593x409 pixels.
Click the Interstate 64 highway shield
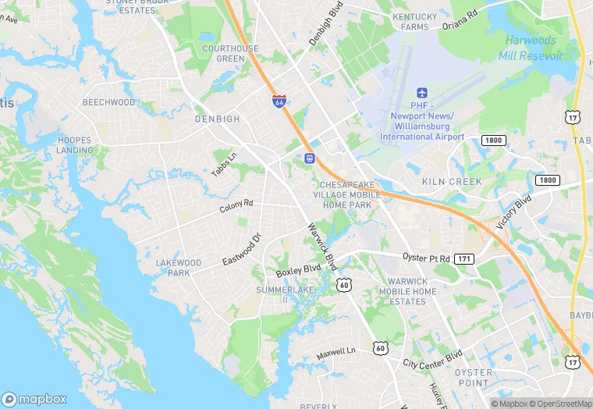coord(279,101)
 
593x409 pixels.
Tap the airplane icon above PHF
coord(422,94)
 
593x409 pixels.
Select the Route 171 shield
coord(465,258)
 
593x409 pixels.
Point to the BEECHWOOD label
coord(109,102)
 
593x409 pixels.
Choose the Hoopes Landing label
coord(75,145)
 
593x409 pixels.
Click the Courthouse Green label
coord(230,53)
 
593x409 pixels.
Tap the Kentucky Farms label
coord(414,22)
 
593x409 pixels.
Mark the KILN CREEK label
coord(452,181)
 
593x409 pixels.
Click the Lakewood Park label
coord(179,268)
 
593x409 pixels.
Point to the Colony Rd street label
coord(236,206)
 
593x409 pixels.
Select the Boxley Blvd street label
coord(299,270)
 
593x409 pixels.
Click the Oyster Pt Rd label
coord(426,258)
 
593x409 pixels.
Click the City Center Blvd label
coord(433,361)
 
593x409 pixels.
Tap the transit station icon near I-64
coord(310,158)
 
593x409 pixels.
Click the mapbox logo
coord(35,399)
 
